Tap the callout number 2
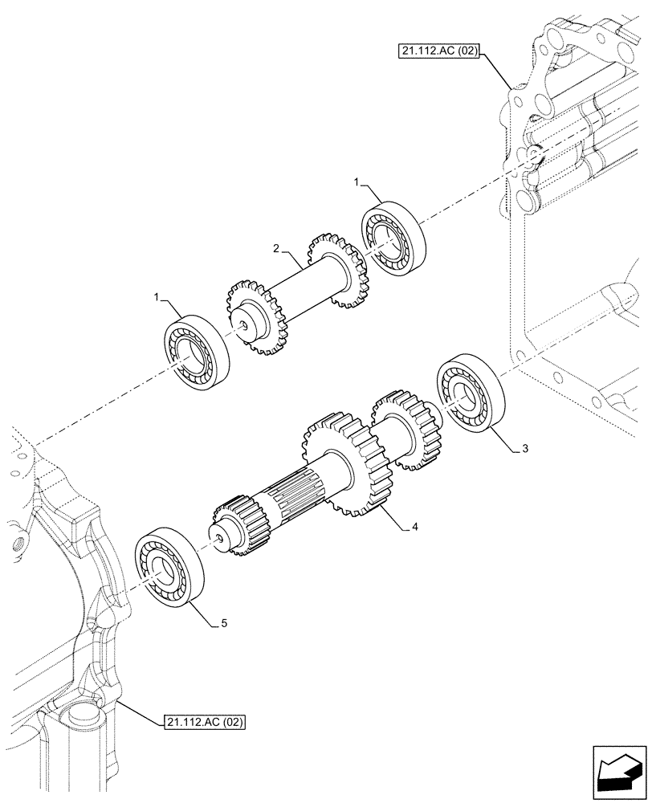tap(275, 251)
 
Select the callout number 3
tap(524, 449)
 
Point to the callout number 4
tap(414, 528)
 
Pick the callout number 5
tap(225, 622)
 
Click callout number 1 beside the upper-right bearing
tap(356, 184)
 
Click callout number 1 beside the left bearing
tap(156, 298)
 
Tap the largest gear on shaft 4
tap(344, 463)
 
